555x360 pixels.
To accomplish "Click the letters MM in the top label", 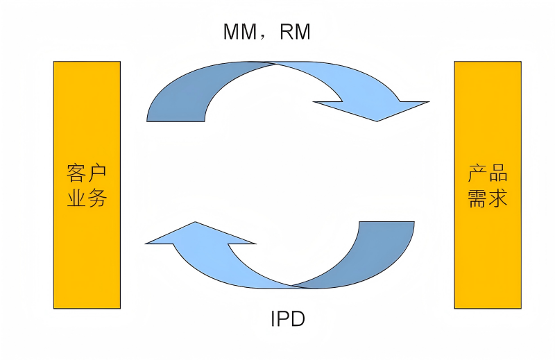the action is pos(240,31).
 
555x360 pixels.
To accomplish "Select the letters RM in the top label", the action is pos(295,31).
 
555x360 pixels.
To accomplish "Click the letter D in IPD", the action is pos(298,318).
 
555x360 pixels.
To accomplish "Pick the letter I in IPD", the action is pos(273,318).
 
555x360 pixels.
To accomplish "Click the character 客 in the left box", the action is pos(76,173).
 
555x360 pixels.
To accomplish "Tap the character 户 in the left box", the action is pos(97,173).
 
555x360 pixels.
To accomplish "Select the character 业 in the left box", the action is pos(76,197).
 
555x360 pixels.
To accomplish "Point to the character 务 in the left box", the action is pos(97,197).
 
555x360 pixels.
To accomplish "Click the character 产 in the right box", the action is pos(477,173).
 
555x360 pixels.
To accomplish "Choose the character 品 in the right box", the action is pos(498,173).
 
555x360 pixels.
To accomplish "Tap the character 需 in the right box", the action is pos(477,198).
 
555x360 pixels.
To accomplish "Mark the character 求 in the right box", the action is pos(498,198).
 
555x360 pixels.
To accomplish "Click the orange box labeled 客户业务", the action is pos(87,185).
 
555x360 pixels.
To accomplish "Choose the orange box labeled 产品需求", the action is pos(488,185).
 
